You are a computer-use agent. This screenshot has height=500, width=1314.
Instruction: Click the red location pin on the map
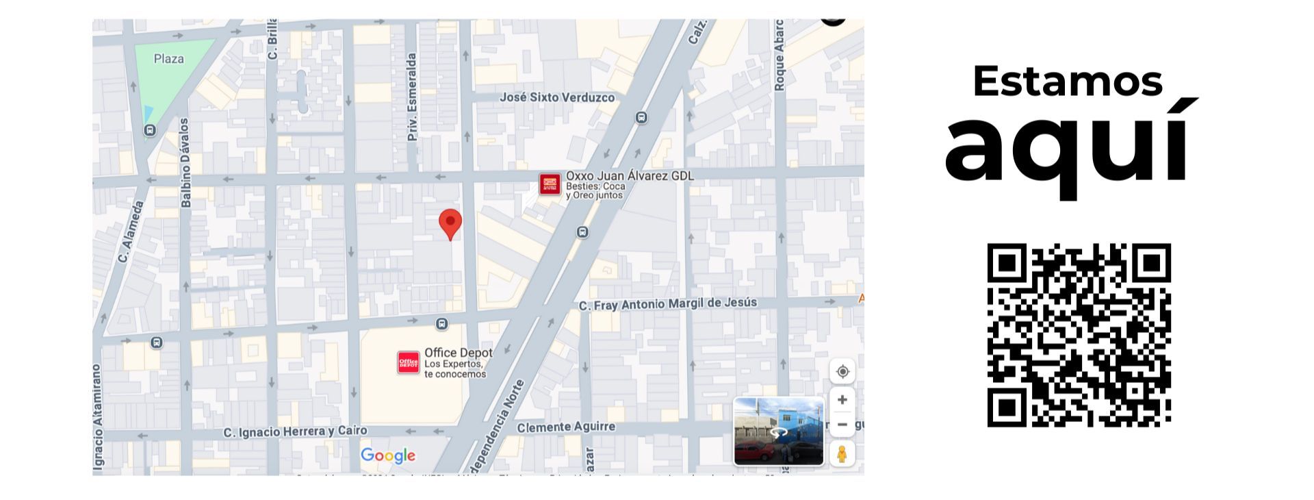click(450, 223)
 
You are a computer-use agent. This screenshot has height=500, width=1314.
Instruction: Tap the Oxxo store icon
click(549, 184)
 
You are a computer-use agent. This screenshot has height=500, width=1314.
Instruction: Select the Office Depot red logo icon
click(409, 362)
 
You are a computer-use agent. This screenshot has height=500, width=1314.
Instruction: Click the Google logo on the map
click(388, 455)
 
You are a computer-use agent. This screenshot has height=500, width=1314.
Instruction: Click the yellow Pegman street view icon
click(842, 453)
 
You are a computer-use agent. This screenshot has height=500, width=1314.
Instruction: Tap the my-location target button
click(842, 371)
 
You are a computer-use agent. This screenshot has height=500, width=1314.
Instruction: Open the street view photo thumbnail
click(778, 432)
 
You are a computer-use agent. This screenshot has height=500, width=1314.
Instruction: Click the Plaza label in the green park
click(168, 59)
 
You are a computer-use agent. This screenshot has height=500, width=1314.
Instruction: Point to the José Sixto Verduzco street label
click(556, 97)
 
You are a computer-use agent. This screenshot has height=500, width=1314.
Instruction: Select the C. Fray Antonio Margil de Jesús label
click(668, 303)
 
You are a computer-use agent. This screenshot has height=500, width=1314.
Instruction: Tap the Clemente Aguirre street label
click(566, 427)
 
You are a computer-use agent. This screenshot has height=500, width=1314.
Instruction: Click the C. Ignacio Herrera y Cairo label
click(295, 432)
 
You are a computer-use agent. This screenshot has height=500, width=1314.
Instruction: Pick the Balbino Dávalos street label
click(185, 163)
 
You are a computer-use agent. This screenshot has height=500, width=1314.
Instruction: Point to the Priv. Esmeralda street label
click(412, 97)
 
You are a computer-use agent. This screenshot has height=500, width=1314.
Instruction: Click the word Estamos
click(1067, 81)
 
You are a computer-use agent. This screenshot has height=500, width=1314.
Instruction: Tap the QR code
click(1079, 335)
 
